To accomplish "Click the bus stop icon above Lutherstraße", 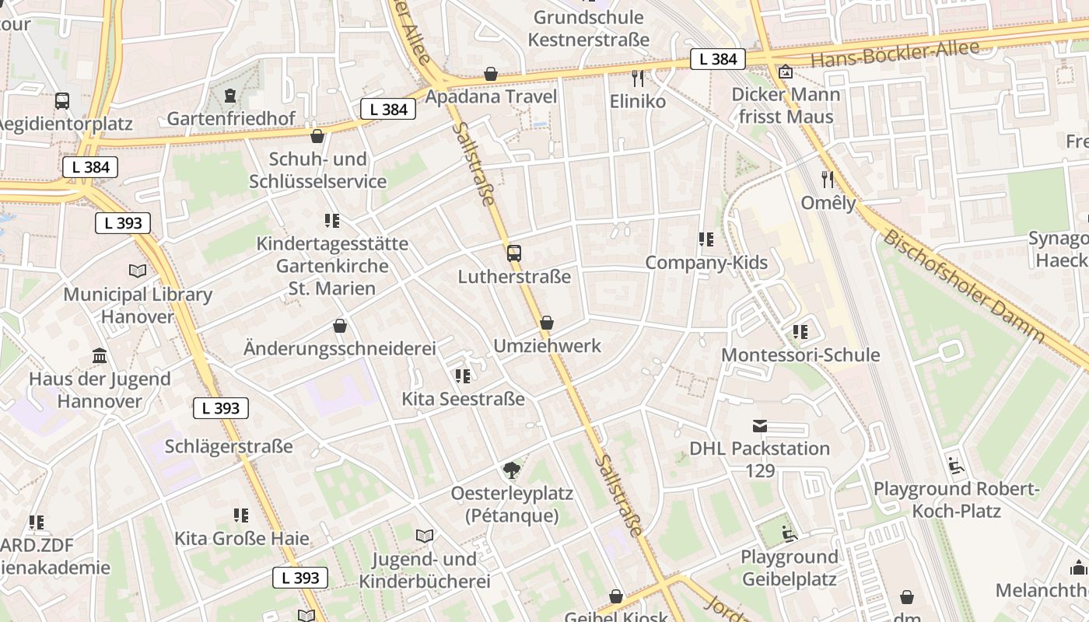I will click(x=513, y=253).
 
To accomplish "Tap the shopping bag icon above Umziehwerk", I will click(x=547, y=322).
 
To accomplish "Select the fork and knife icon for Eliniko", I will click(x=638, y=78).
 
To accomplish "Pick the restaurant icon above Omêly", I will click(x=828, y=180).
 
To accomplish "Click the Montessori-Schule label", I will click(x=800, y=355).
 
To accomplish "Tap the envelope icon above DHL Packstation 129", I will click(x=759, y=425).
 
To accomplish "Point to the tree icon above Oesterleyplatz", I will click(x=511, y=470).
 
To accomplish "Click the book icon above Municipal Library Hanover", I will click(x=138, y=271).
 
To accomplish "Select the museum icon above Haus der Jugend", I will click(x=100, y=355).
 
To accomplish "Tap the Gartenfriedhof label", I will click(x=231, y=119).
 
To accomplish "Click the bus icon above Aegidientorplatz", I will click(x=61, y=100).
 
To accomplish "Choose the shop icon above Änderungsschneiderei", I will click(x=339, y=325).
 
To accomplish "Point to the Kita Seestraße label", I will click(x=463, y=399).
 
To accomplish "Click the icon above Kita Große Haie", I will click(x=241, y=515).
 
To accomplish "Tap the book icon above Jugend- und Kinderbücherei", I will click(x=424, y=536).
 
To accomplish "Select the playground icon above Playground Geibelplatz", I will click(x=789, y=533).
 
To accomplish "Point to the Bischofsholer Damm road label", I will click(x=965, y=286).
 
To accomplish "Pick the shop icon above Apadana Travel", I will click(x=491, y=74).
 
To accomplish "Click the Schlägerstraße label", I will click(x=229, y=446).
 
